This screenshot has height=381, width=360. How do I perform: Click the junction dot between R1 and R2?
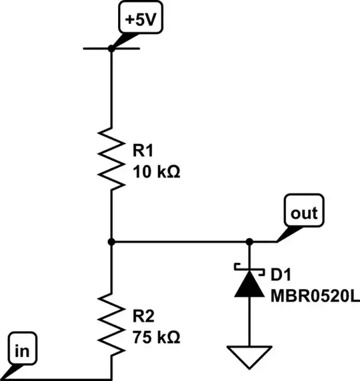pos(111,242)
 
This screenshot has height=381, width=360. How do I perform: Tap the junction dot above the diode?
pos(249,242)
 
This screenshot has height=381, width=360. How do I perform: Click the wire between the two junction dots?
pos(180,242)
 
